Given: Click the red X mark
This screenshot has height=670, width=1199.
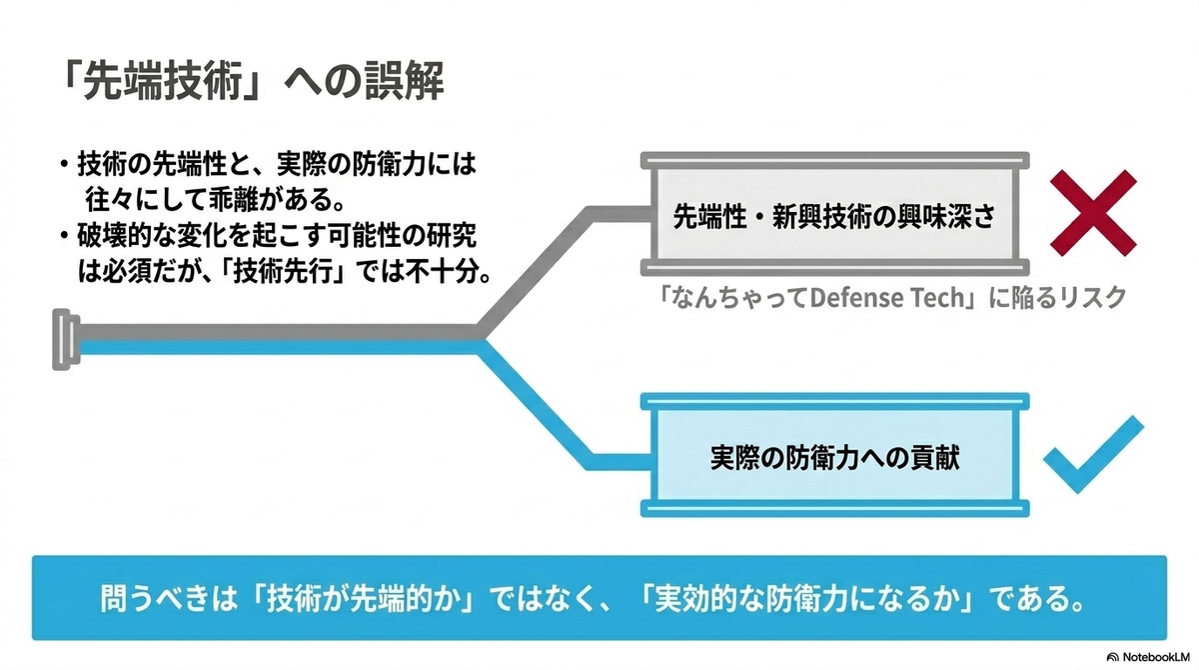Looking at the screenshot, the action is [1093, 213].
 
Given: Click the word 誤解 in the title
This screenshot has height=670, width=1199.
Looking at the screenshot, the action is [404, 81].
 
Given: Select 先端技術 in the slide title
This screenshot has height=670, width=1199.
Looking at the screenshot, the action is [162, 81].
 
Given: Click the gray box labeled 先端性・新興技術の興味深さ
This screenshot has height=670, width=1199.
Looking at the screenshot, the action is [835, 214].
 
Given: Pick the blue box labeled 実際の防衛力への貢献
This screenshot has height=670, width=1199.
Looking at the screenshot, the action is [835, 456].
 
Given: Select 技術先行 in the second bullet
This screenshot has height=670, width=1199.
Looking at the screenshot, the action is [283, 273].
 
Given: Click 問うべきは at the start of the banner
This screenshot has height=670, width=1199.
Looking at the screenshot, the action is [169, 598].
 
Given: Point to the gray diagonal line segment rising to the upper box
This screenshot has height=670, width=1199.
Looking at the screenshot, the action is [536, 270].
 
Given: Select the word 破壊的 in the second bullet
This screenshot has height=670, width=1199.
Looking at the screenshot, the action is [115, 236].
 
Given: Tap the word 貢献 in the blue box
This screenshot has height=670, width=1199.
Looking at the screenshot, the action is [934, 457].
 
